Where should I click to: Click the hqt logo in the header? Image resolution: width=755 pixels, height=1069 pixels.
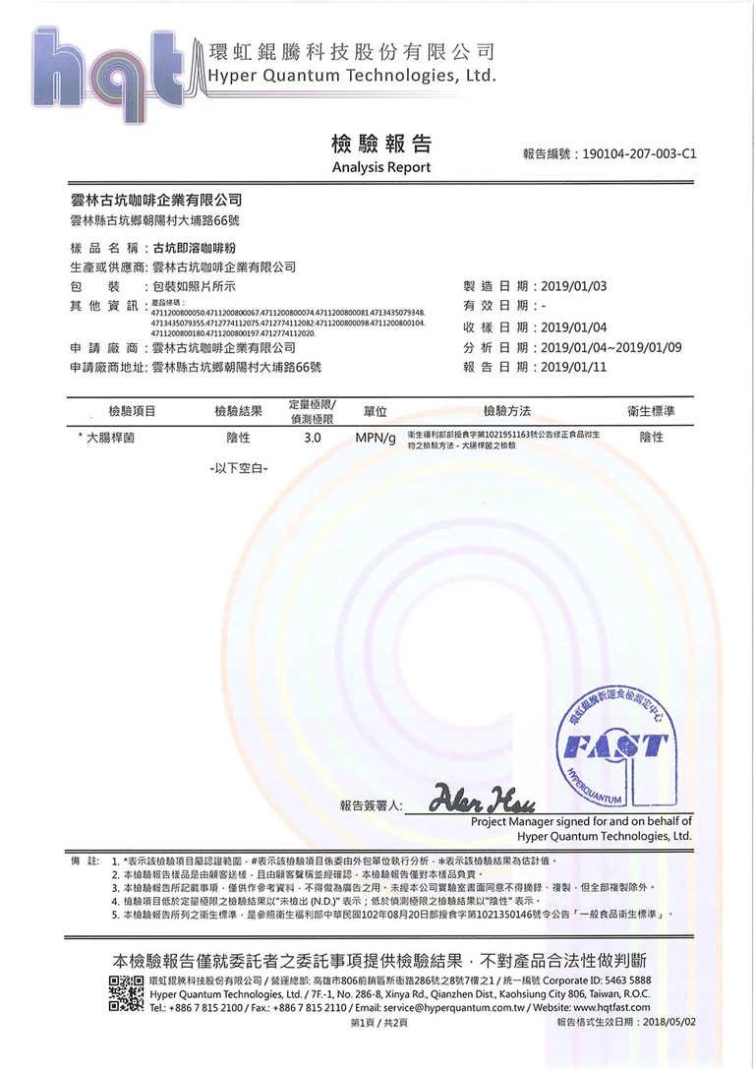coord(108,69)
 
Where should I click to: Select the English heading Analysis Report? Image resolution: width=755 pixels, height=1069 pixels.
coord(381,168)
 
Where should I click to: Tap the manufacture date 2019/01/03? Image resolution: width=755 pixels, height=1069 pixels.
coord(575,286)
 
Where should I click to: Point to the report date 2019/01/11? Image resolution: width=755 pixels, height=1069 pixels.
coord(575,367)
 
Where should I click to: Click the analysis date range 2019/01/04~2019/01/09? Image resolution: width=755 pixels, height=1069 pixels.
coord(610,347)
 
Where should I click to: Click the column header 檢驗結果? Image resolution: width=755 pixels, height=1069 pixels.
coord(238,410)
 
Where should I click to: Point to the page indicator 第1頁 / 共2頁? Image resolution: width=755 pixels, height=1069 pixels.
coord(378,1024)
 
